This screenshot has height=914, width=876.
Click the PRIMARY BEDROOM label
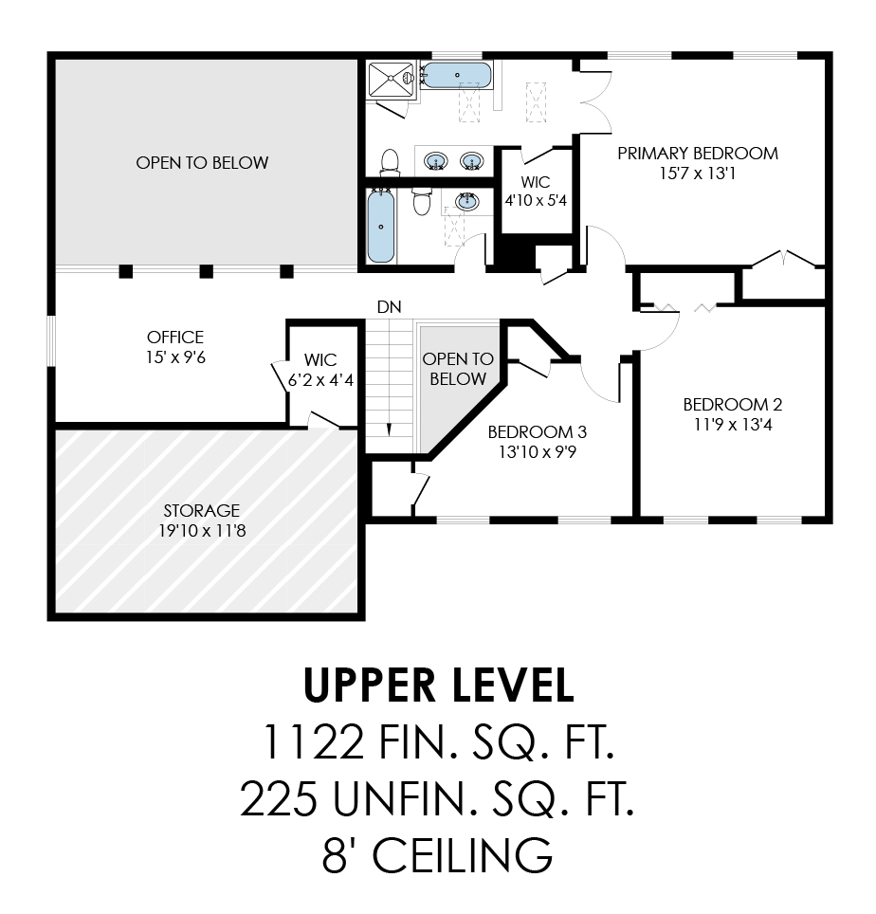click(698, 154)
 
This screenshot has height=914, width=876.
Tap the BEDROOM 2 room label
click(733, 405)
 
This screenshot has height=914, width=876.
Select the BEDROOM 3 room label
click(538, 432)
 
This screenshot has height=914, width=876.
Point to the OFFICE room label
click(175, 337)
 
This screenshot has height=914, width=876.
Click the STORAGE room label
click(202, 511)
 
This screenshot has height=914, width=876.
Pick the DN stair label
click(390, 306)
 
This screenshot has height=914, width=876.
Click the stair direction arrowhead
click(390, 430)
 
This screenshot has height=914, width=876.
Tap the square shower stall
click(392, 80)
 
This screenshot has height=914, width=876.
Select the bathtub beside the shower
click(456, 75)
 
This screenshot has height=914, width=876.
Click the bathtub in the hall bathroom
click(381, 227)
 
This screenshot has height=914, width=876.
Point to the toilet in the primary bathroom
click(390, 161)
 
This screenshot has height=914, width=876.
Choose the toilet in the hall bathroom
click(421, 200)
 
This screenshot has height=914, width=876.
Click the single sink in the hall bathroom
click(466, 201)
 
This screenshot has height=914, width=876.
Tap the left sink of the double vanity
click(436, 160)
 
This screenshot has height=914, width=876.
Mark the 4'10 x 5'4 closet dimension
click(536, 200)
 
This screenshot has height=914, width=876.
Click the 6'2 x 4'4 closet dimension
click(320, 380)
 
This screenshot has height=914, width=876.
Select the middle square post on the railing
click(207, 271)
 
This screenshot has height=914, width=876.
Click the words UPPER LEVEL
click(438, 685)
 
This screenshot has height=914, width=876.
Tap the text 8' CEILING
click(437, 855)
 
